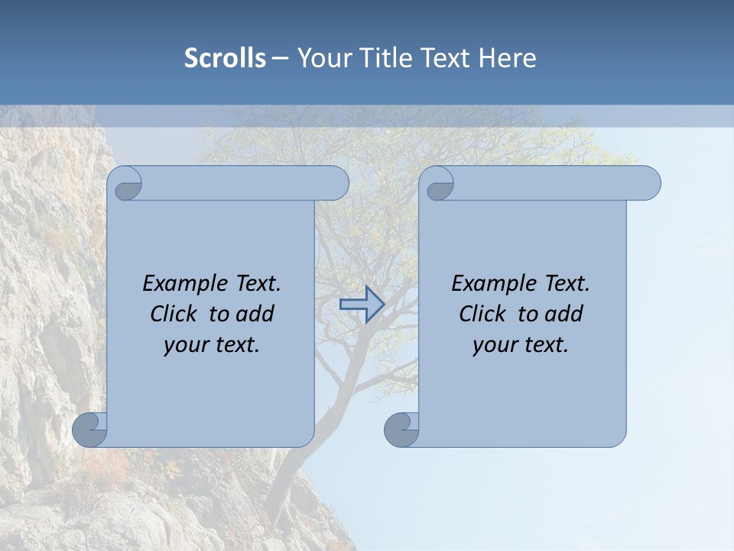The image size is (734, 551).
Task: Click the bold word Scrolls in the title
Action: pos(225,58)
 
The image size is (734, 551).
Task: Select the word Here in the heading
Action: pos(507,58)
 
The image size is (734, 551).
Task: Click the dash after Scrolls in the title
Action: pos(280,58)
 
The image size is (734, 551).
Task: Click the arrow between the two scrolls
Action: pos(362,305)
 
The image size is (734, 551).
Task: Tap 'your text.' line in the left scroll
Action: pos(212,345)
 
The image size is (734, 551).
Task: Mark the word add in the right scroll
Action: pos(564,315)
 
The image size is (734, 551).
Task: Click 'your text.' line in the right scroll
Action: pos(521,345)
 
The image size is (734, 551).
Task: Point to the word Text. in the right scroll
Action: pos(567,284)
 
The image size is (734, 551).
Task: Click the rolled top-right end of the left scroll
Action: pos(333,184)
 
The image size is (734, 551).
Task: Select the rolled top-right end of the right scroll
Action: pos(645,184)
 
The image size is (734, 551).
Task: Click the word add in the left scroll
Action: pos(255,315)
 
